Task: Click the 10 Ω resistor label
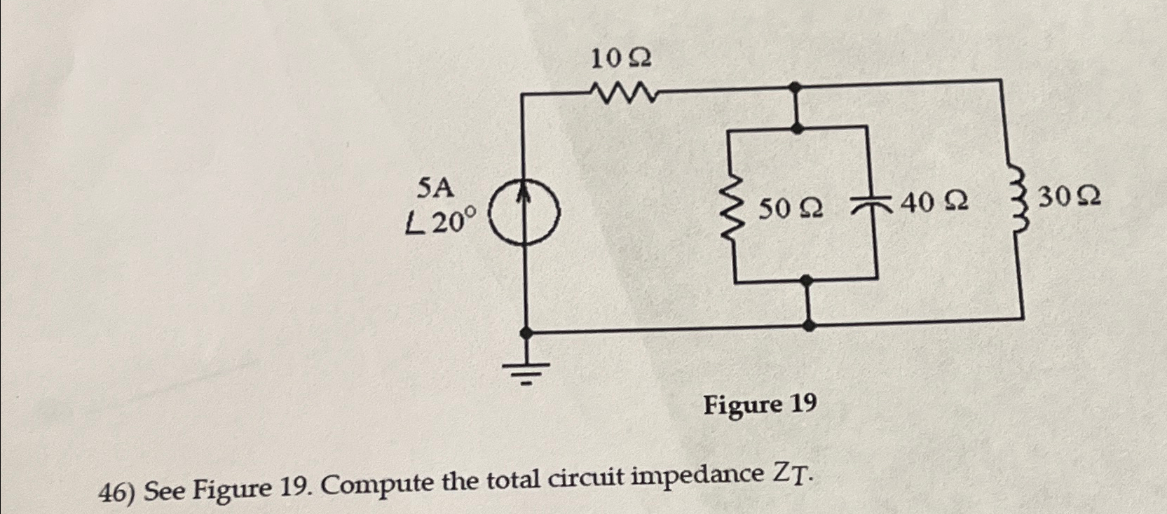click(620, 59)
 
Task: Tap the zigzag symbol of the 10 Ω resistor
click(622, 92)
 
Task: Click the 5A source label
click(435, 188)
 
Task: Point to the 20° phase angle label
click(442, 223)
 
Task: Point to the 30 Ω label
click(1068, 198)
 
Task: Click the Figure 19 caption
click(760, 405)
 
